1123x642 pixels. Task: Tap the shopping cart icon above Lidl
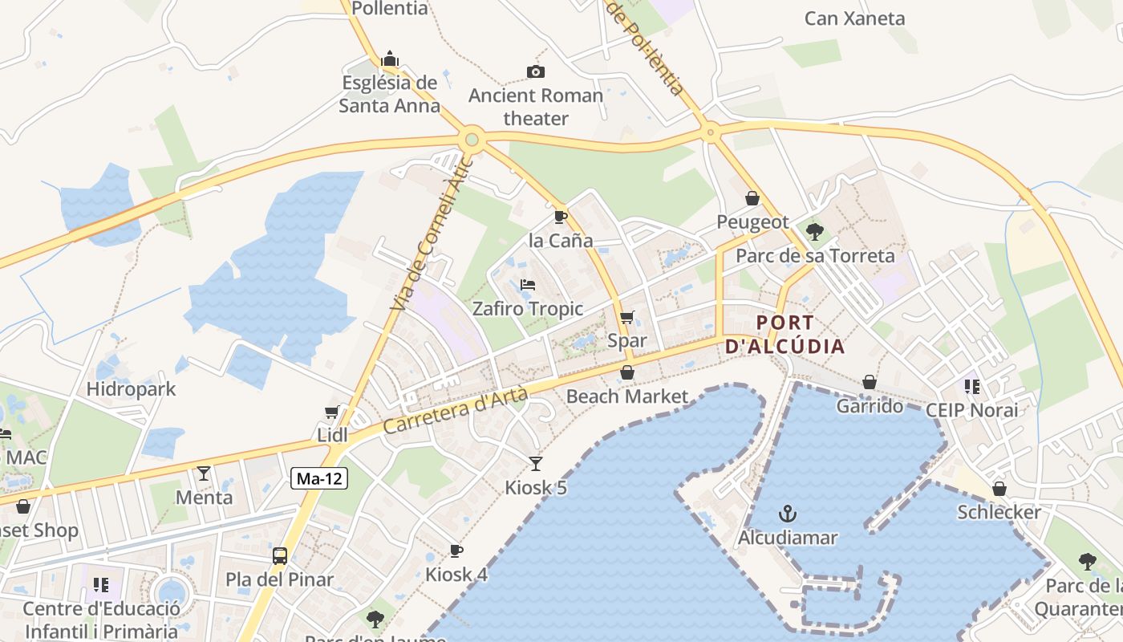click(332, 412)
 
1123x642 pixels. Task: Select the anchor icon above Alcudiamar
click(788, 513)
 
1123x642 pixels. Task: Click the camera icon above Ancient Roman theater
click(536, 71)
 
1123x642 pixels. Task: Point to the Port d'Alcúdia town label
click(785, 335)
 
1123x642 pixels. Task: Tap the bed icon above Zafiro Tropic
click(527, 285)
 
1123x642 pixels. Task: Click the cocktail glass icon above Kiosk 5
click(536, 463)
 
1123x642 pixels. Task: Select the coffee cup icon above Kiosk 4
click(456, 551)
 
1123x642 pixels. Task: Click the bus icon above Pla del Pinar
click(279, 555)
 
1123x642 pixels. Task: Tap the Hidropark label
click(131, 390)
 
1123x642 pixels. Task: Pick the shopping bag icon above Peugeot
click(752, 197)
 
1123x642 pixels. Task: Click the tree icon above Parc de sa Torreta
click(815, 232)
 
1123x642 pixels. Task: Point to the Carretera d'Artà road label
click(456, 410)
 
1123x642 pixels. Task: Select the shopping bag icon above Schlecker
click(999, 488)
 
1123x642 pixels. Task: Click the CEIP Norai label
click(971, 410)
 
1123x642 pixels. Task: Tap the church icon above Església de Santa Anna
click(390, 59)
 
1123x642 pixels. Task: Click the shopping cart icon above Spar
click(627, 317)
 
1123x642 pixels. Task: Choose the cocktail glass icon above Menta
click(204, 473)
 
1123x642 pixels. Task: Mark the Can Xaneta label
click(854, 18)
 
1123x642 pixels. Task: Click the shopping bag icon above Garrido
click(870, 382)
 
